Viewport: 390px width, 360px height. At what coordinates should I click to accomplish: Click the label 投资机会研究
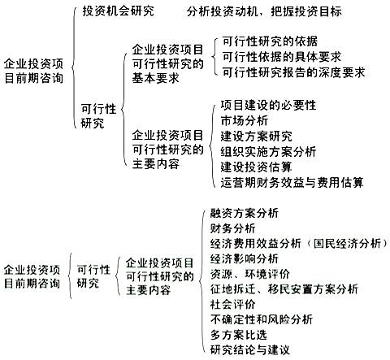tap(118, 11)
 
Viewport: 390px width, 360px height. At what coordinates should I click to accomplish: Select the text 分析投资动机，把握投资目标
tap(264, 11)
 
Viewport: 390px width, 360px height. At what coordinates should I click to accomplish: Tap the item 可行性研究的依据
tap(270, 41)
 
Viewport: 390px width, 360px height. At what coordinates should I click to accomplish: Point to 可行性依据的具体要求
tap(282, 57)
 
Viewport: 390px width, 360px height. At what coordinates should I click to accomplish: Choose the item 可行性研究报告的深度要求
tap(294, 72)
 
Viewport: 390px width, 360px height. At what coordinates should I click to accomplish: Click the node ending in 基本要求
tap(167, 64)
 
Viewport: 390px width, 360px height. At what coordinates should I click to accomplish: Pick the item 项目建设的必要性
tap(268, 105)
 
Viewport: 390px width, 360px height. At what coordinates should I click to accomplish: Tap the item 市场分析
tap(245, 120)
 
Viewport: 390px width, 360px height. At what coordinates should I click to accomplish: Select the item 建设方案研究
tap(257, 136)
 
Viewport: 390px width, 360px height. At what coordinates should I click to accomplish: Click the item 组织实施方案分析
tap(268, 151)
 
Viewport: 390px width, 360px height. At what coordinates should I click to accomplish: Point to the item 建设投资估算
tap(257, 167)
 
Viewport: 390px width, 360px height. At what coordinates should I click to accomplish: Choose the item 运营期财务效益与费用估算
tap(292, 182)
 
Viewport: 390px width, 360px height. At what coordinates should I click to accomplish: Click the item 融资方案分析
tap(245, 213)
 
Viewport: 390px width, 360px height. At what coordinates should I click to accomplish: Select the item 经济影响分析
tap(245, 258)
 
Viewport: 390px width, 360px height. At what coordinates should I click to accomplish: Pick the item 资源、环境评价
tap(250, 274)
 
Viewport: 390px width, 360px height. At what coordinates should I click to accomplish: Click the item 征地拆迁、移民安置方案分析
tap(284, 289)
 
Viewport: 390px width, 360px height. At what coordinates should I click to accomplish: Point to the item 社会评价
tap(233, 304)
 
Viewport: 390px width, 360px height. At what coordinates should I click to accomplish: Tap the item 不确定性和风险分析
tap(262, 319)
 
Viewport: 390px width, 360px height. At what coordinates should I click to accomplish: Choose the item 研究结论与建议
tap(250, 349)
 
